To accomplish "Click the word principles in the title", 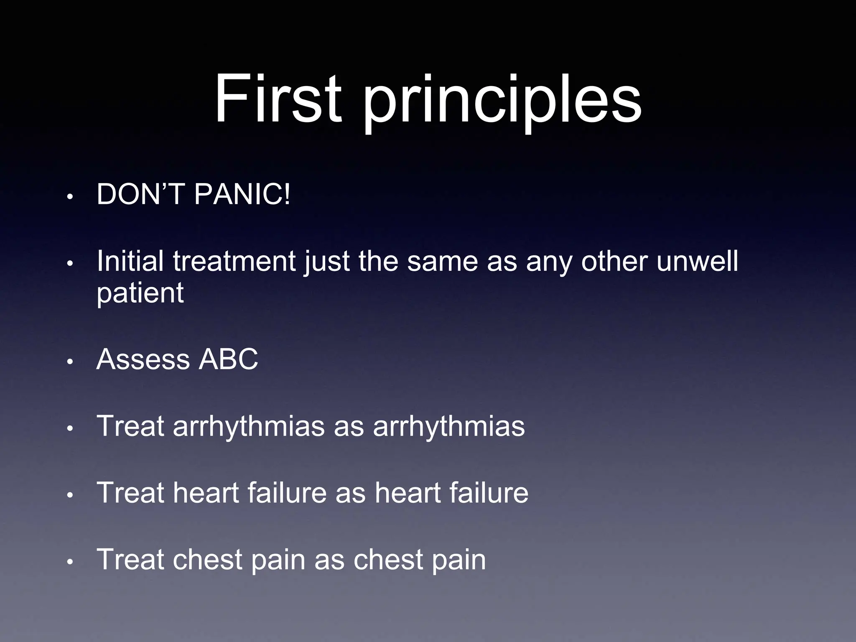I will click(502, 102).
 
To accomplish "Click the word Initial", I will click(130, 261).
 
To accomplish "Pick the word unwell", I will click(697, 261).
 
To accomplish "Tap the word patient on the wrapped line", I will click(140, 293).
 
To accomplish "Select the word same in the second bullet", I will click(442, 261).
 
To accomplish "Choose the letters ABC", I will click(228, 359).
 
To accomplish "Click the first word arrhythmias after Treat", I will click(248, 427).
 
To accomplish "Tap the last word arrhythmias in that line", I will click(448, 427).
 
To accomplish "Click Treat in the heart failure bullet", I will click(130, 493).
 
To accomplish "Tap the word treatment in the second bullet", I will click(234, 261).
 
